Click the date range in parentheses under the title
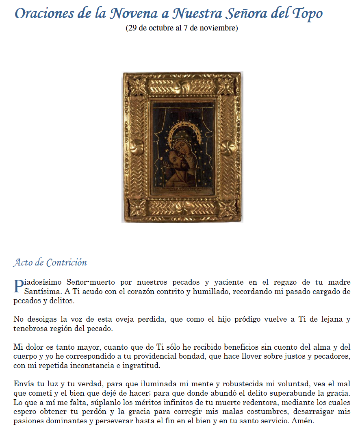[182, 28]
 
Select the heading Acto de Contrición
[50, 262]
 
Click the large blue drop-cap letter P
[18, 286]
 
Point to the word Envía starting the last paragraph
[24, 383]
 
